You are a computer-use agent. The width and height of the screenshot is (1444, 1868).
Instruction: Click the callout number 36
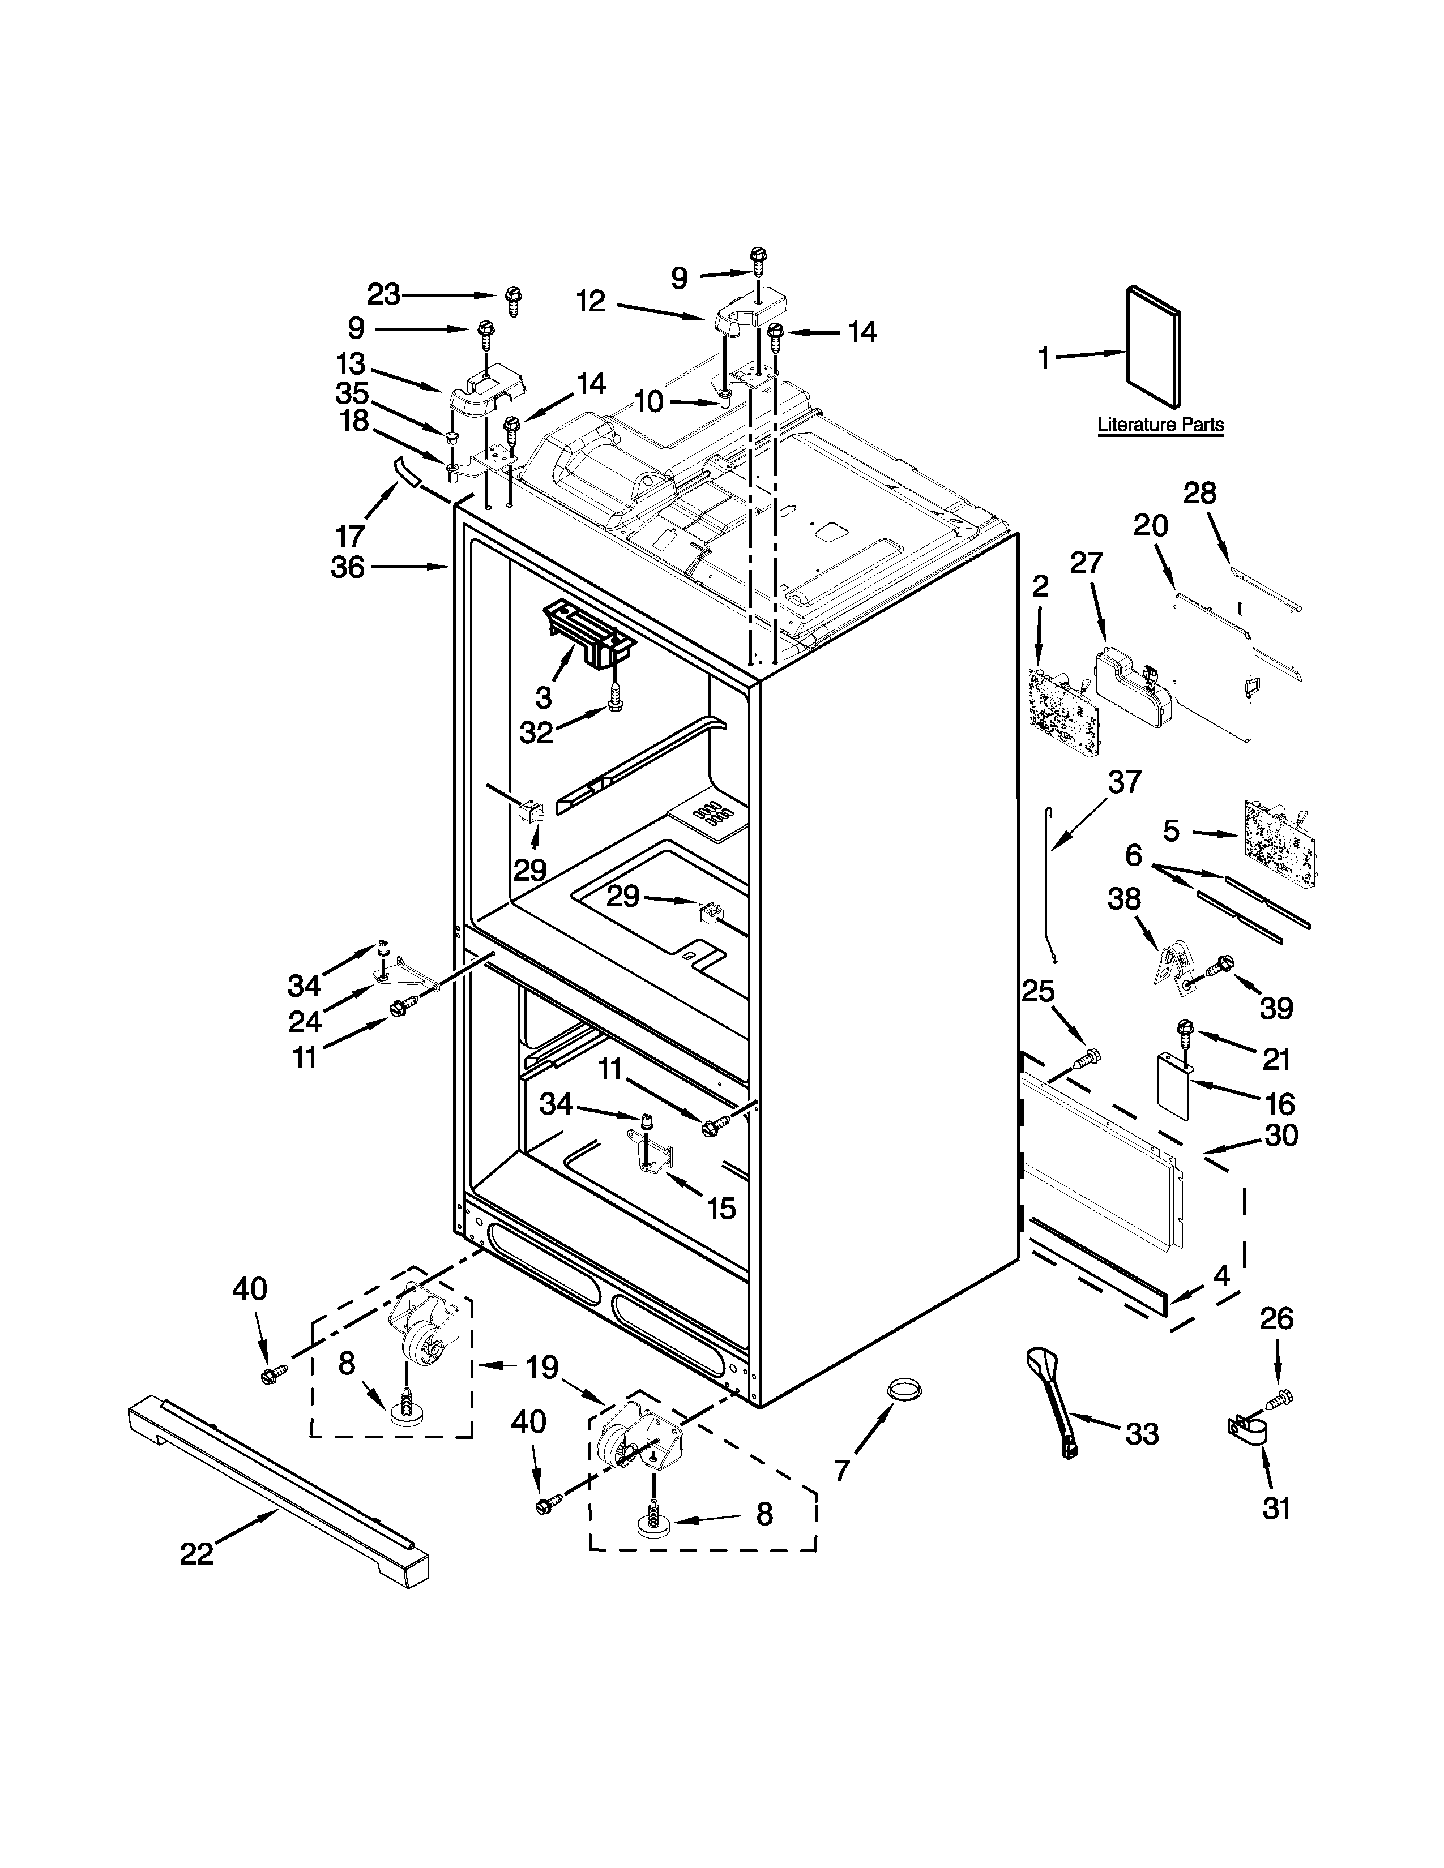347,566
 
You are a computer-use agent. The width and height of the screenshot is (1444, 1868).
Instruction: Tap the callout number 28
1199,494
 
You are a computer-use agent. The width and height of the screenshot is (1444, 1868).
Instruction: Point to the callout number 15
721,1209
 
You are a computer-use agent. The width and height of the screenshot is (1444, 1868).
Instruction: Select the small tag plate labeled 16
1174,1085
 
